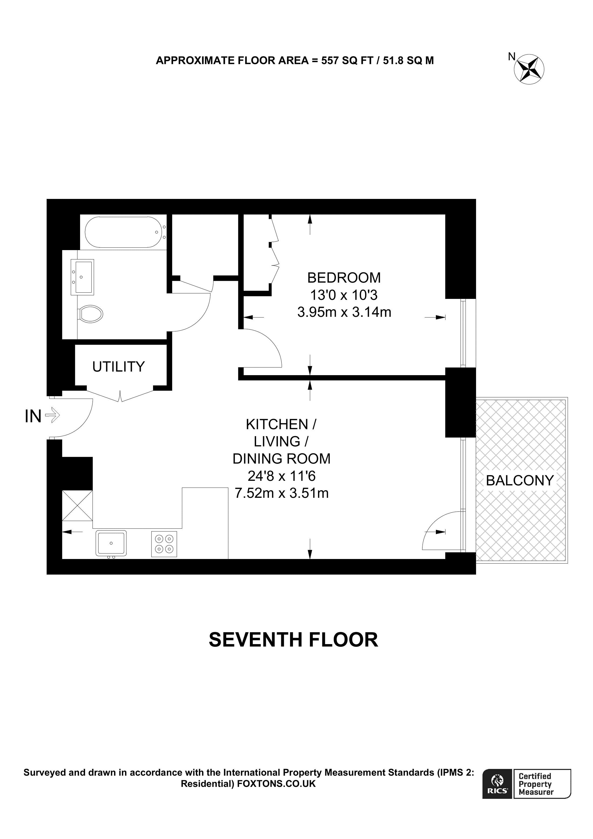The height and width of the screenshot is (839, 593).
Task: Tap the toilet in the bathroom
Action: coord(90,313)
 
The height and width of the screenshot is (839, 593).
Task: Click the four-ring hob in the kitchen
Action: coord(164,544)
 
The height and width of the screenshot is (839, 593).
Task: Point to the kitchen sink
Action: coord(111,543)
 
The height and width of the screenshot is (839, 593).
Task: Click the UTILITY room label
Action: coord(118,367)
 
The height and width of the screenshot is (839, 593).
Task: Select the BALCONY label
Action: coord(520,481)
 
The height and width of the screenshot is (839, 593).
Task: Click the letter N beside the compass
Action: coord(512,56)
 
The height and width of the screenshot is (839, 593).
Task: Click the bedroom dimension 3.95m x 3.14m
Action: coord(344,312)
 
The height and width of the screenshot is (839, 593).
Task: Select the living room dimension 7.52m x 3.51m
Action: coord(281,493)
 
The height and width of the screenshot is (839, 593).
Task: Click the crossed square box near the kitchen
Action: coord(77,505)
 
